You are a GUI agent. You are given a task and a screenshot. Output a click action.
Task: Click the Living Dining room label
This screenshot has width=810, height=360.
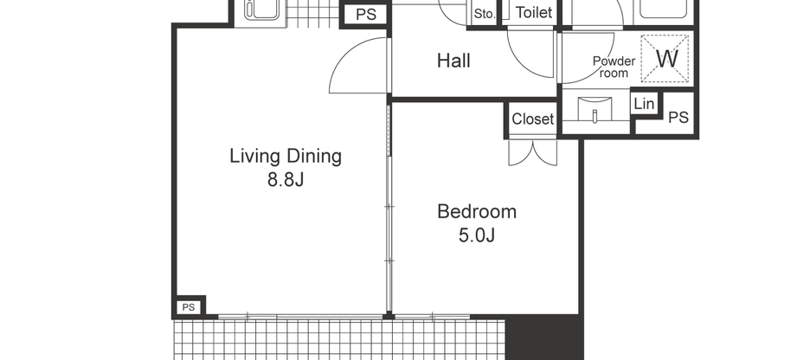[x=286, y=157]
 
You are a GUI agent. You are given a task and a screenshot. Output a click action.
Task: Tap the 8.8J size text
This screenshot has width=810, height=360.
[x=286, y=181]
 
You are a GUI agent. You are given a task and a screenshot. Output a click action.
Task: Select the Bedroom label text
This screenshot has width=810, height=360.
[x=476, y=211]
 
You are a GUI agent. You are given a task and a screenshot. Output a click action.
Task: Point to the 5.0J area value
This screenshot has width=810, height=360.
[x=476, y=235]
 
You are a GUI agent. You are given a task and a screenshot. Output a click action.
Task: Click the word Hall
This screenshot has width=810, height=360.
[x=453, y=61]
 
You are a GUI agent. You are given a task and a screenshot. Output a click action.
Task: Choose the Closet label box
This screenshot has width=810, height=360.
[x=532, y=119]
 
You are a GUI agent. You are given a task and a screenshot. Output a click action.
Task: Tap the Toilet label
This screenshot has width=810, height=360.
[x=534, y=14]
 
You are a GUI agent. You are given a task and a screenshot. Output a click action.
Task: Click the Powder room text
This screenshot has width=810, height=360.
[x=614, y=67]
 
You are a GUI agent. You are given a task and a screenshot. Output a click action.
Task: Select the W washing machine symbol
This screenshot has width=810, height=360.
[x=665, y=59]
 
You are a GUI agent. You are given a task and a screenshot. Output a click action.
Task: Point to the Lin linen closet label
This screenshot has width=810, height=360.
[x=644, y=105]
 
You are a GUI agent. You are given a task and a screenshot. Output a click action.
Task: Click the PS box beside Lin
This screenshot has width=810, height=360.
[x=678, y=117]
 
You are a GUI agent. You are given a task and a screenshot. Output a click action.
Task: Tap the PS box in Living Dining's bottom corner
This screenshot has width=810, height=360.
[x=189, y=307]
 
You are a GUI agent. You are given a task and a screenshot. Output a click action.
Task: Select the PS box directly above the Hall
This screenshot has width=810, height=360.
[x=365, y=15]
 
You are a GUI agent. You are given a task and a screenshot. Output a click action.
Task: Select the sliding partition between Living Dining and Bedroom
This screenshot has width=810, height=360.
[x=389, y=208]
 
